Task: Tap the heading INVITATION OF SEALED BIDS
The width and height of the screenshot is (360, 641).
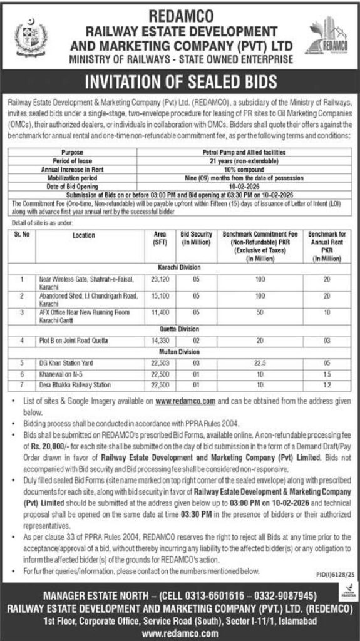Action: [180, 83]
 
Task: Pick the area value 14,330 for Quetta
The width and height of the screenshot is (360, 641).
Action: [152, 341]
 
